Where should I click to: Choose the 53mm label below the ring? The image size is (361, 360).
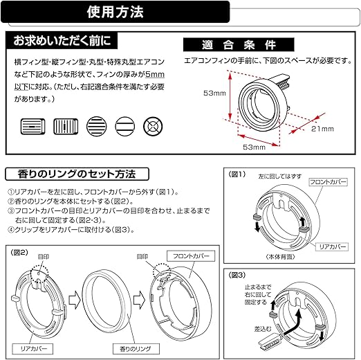click(254, 147)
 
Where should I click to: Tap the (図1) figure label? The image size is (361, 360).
click(237, 175)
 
